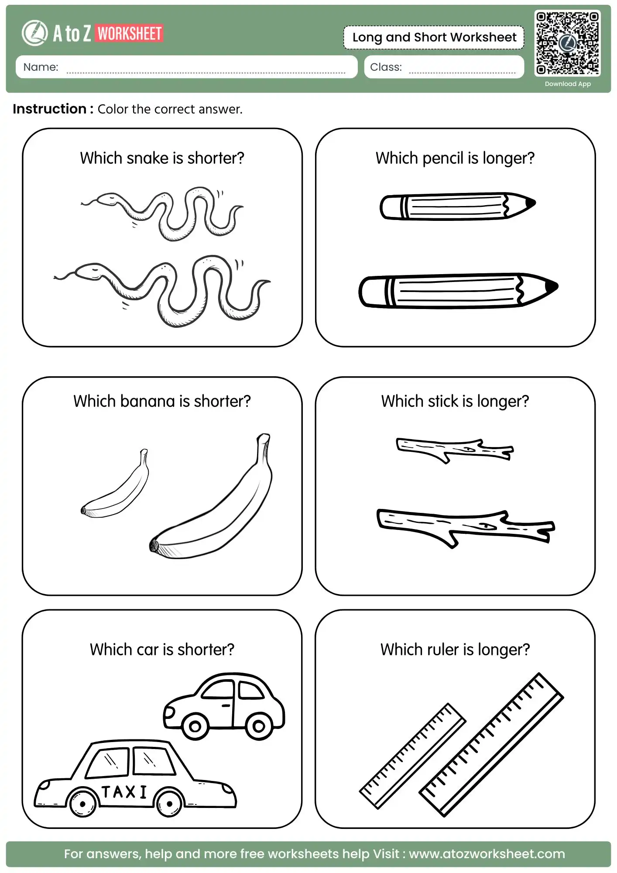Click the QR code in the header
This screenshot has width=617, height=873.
(567, 43)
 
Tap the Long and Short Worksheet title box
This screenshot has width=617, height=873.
(434, 38)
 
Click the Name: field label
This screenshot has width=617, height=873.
(41, 67)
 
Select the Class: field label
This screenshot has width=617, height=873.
(386, 67)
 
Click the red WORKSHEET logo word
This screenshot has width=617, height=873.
(130, 34)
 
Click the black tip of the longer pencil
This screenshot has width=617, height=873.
(552, 286)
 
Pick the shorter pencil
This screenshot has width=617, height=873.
(456, 206)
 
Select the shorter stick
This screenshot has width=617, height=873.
(454, 450)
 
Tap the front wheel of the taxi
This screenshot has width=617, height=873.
(82, 803)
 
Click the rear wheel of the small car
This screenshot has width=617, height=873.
(259, 726)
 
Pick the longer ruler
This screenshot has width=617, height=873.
(491, 745)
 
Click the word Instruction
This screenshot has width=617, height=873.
(49, 109)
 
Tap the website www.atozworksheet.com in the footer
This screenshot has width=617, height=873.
(487, 854)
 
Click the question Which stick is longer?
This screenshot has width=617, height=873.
(455, 401)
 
